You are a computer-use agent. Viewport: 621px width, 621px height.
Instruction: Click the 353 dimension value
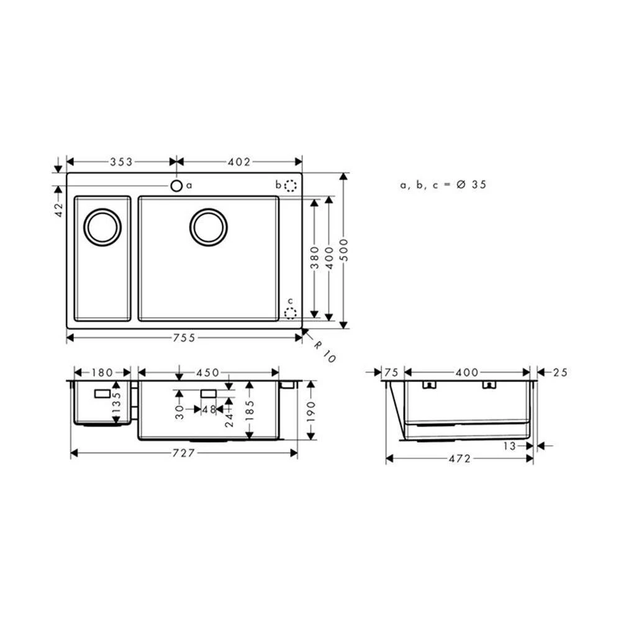[x=121, y=162]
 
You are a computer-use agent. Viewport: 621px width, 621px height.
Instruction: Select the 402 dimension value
[x=239, y=162]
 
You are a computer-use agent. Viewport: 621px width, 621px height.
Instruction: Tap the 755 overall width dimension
[x=184, y=338]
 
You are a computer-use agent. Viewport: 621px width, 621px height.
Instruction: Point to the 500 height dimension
[x=344, y=250]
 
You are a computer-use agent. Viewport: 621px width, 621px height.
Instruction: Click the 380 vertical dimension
[x=315, y=258]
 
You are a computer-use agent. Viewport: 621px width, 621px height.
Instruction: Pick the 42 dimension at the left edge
[x=59, y=209]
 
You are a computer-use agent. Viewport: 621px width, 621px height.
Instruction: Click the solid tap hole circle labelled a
[x=176, y=185]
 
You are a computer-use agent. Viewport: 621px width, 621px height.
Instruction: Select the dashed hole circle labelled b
[x=291, y=185]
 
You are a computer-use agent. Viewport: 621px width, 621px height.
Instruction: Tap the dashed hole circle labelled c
[x=290, y=313]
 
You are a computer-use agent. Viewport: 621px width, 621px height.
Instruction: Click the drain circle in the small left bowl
[x=102, y=227]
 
